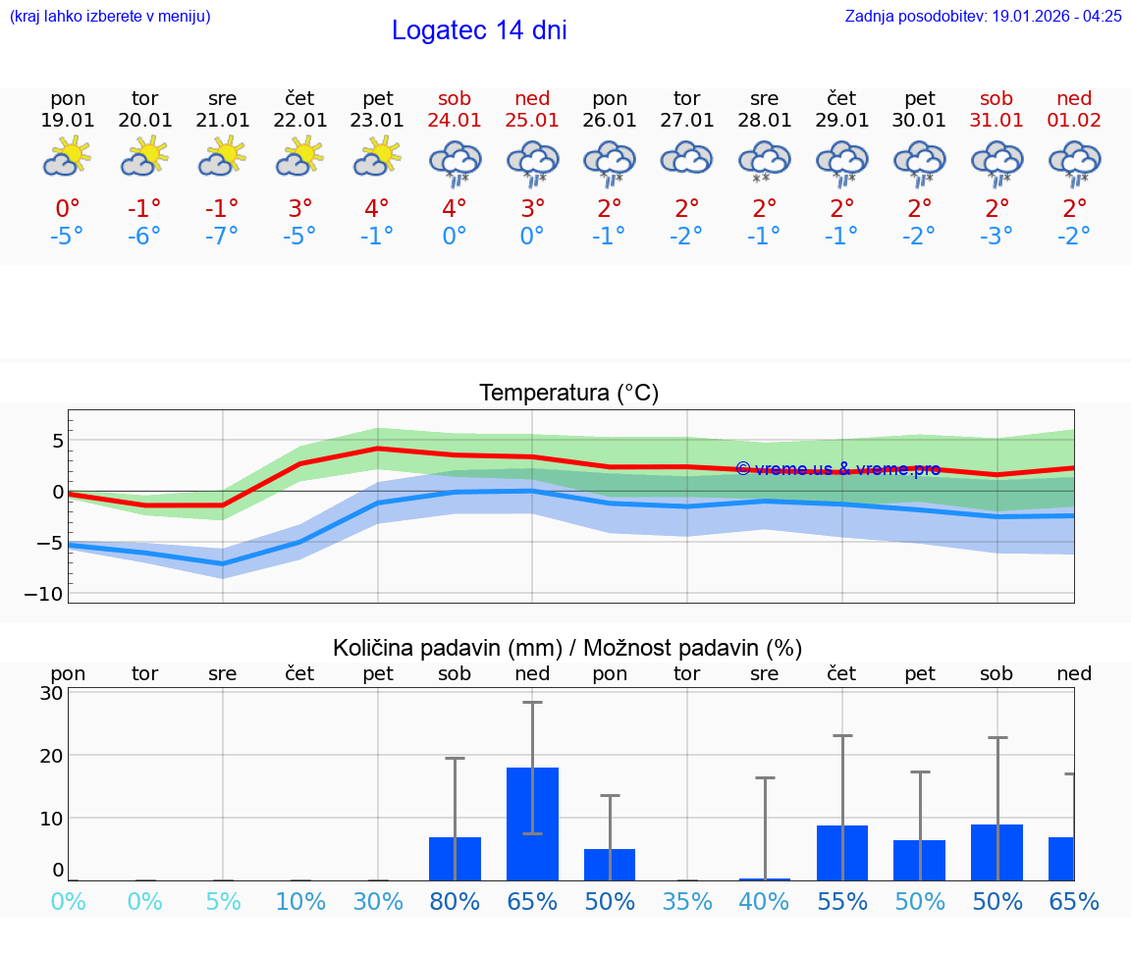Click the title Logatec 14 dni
coord(479,30)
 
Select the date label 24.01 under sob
coord(455,120)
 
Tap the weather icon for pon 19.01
coord(67,157)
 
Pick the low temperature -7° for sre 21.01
coord(222,236)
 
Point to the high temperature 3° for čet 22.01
coord(299,208)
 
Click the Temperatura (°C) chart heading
coord(568,394)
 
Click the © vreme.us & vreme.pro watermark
coord(837,469)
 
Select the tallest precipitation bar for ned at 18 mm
coord(532,824)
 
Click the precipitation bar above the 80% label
coord(455,859)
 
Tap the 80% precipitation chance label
coord(455,902)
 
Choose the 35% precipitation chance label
coord(686,902)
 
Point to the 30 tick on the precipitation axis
coord(52,693)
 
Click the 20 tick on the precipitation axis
coord(52,756)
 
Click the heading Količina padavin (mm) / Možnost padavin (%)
coord(567,648)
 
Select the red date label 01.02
coord(1074,120)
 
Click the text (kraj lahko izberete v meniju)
coord(110,16)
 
